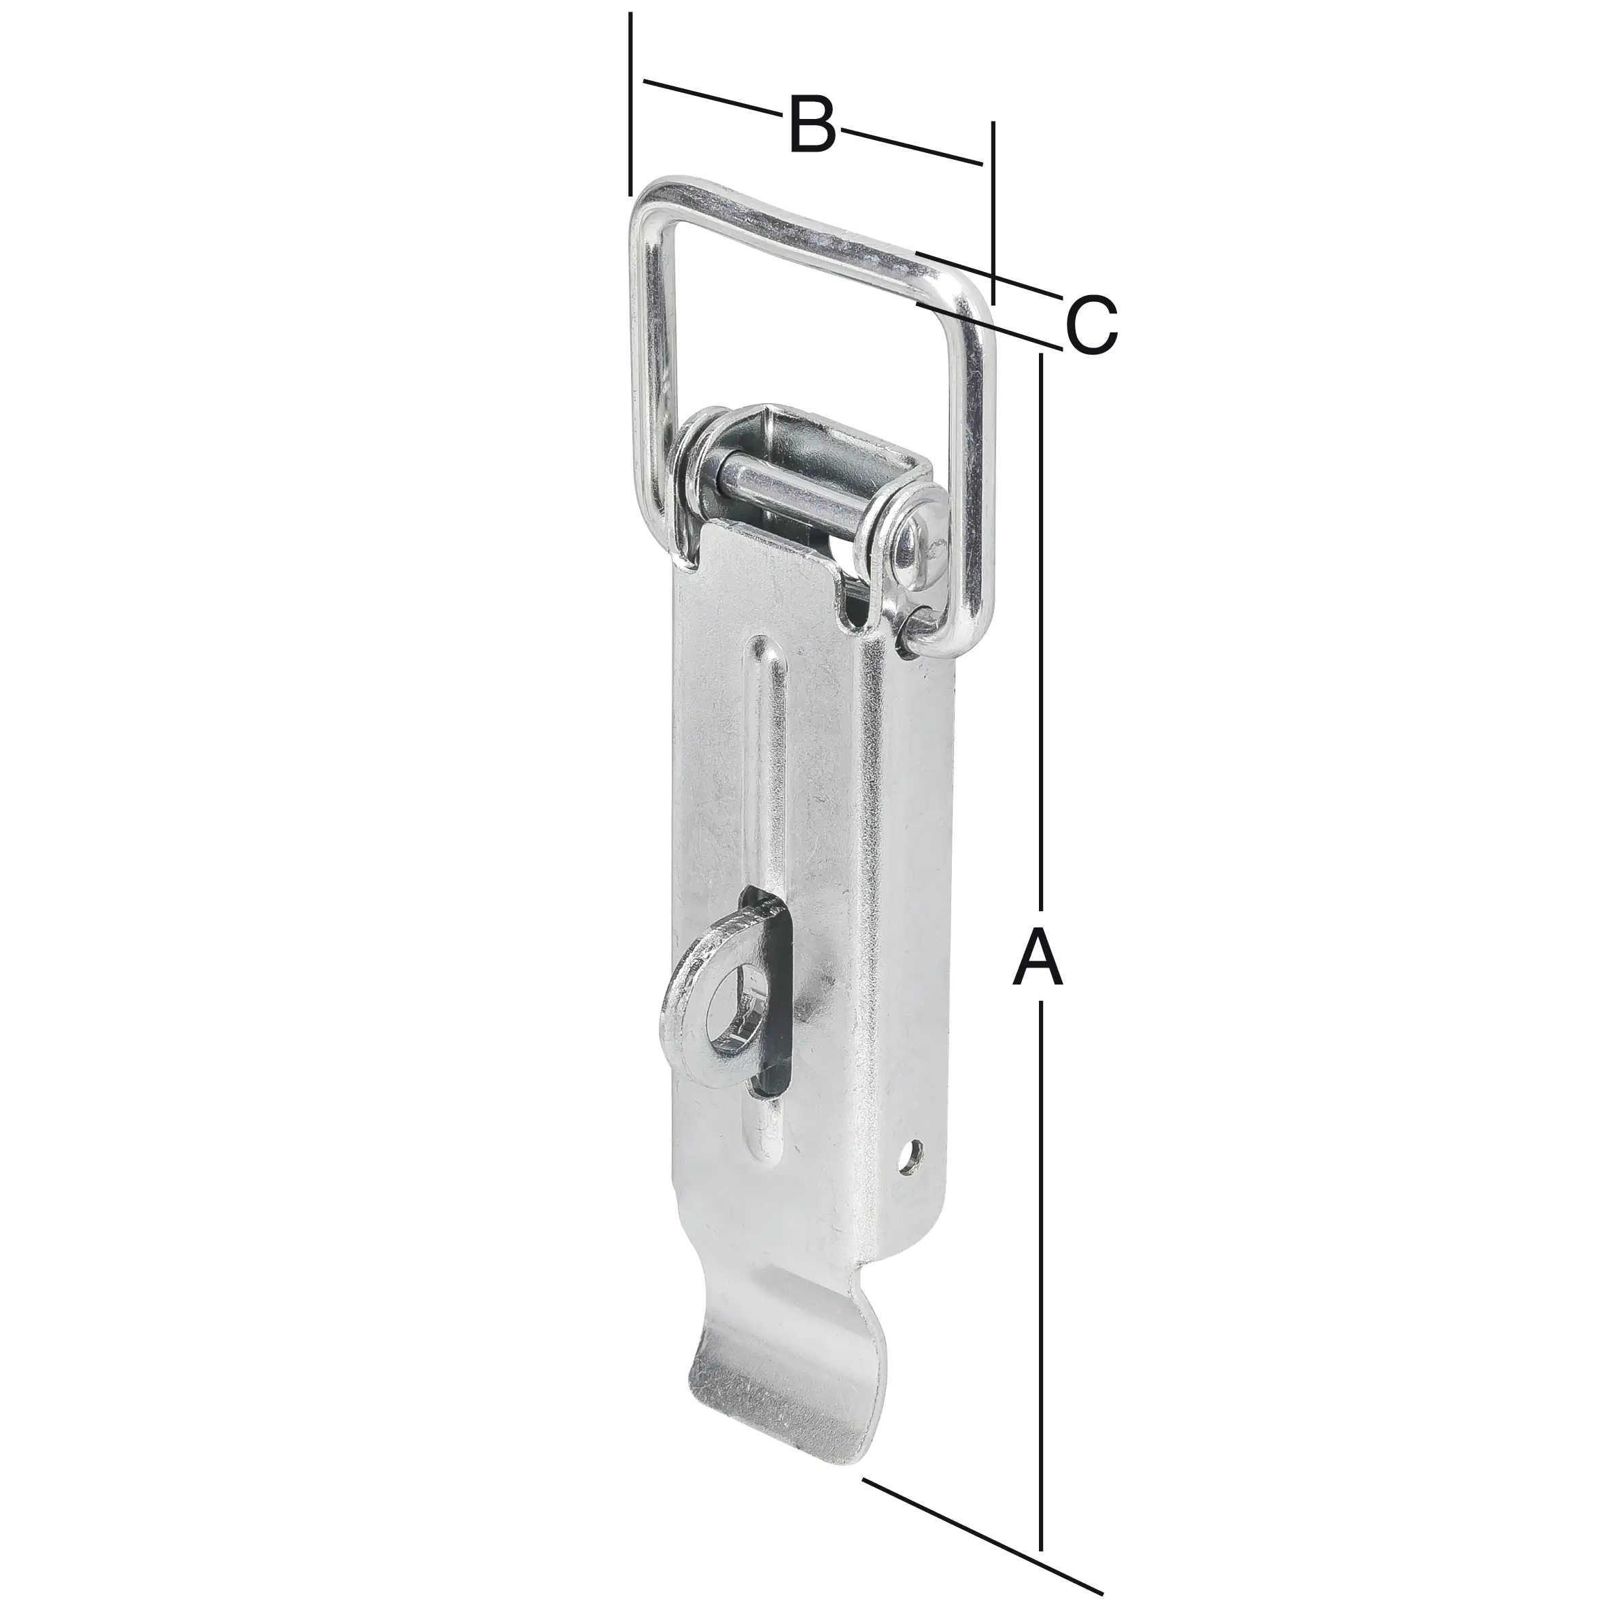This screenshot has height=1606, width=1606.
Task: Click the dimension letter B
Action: pyautogui.click(x=811, y=126)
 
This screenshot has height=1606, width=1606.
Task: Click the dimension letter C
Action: pyautogui.click(x=1091, y=324)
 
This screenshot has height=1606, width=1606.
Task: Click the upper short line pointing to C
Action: pyautogui.click(x=989, y=273)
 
